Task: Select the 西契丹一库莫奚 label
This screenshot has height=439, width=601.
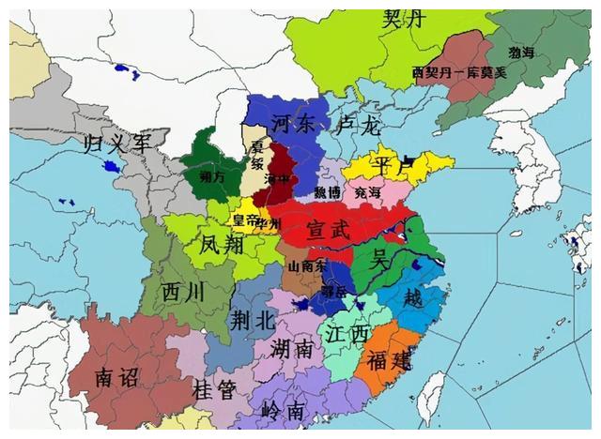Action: tap(459, 72)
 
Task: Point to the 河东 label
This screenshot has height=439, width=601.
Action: tap(292, 123)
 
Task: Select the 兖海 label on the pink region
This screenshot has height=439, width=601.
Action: tap(368, 192)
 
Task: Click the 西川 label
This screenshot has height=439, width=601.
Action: tap(182, 293)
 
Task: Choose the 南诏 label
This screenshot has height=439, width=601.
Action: tap(116, 378)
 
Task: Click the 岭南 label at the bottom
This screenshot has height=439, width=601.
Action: tap(283, 411)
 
